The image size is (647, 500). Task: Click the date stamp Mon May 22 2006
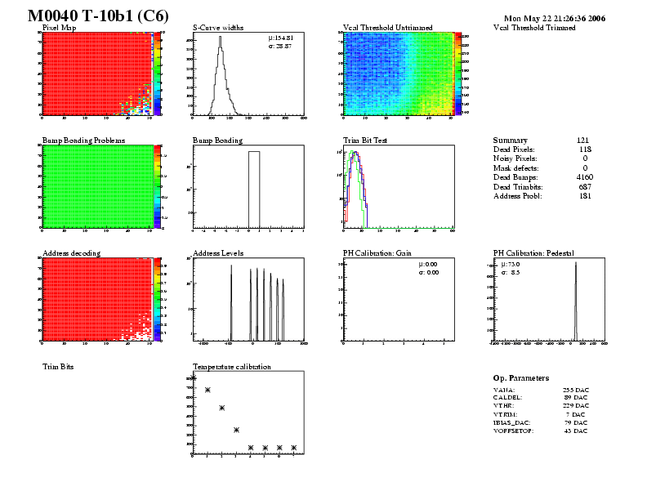tap(554, 17)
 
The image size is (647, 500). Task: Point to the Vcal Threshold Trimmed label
tap(534, 28)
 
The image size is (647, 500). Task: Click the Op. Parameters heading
tap(520, 378)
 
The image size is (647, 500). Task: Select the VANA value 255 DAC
tap(575, 391)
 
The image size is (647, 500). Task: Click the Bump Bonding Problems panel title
tap(83, 141)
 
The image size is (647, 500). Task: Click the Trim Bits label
tap(58, 367)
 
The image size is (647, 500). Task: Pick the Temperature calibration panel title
tap(231, 367)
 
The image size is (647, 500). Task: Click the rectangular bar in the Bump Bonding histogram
tap(254, 188)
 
